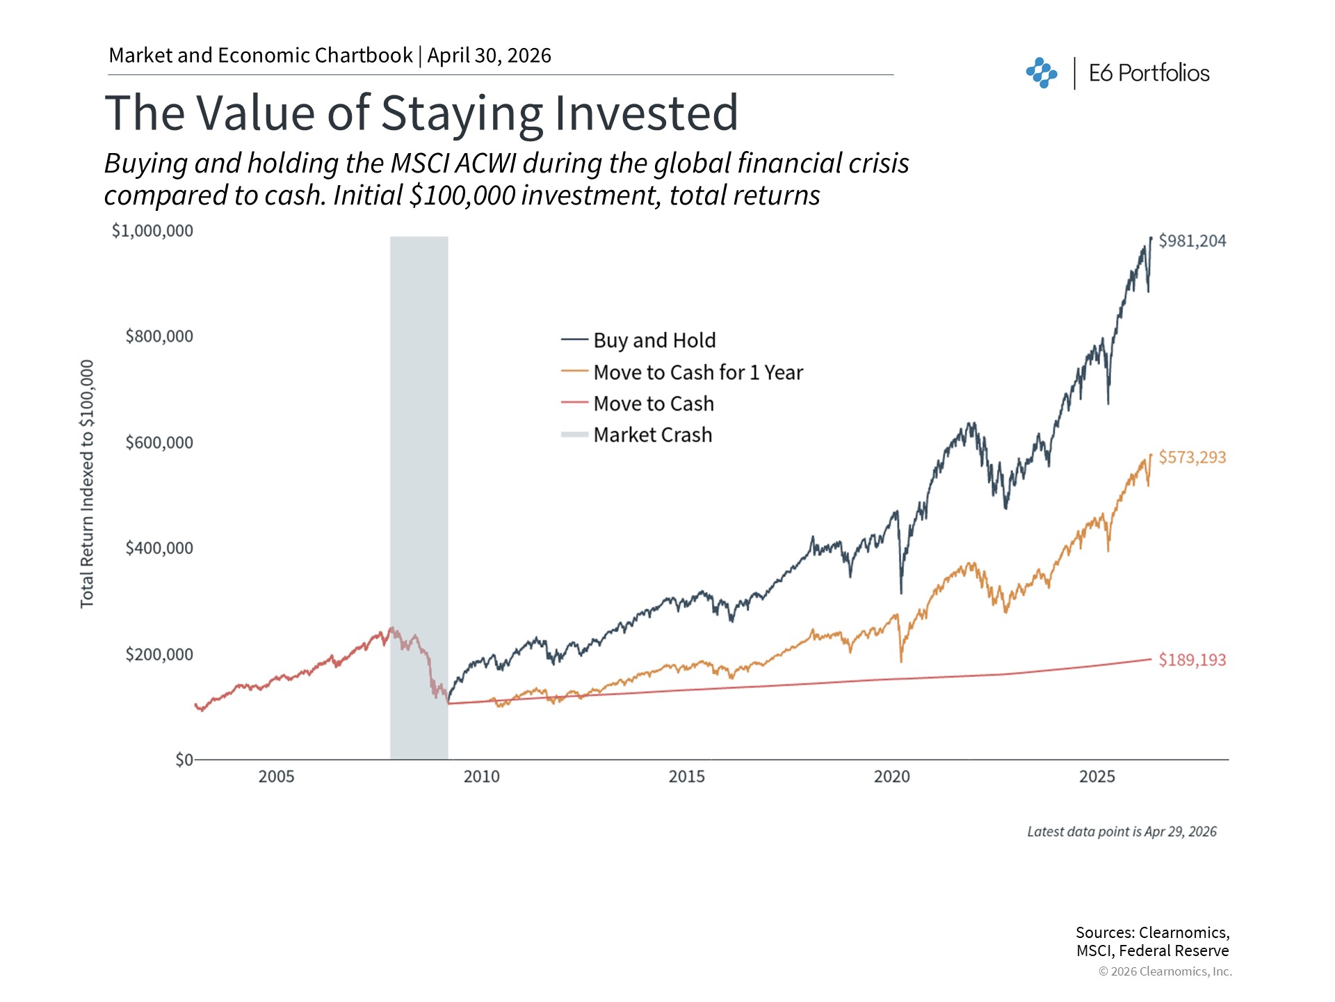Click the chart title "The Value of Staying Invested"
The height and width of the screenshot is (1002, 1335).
tap(421, 113)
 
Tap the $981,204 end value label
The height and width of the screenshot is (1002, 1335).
tap(1192, 241)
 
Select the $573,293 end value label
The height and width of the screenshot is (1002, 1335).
tap(1192, 457)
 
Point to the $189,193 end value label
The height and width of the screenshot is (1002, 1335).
tap(1192, 660)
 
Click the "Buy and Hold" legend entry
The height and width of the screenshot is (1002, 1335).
tap(654, 340)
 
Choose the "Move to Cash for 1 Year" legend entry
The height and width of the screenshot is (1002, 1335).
tap(697, 372)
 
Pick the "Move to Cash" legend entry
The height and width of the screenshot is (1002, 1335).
tap(653, 404)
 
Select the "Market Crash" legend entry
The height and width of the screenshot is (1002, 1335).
tap(652, 435)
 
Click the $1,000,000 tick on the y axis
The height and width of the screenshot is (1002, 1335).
tap(152, 230)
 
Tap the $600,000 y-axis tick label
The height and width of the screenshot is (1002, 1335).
tap(159, 443)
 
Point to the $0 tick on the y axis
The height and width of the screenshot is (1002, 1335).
tap(184, 759)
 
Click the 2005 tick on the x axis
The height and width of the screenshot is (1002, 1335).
tap(276, 777)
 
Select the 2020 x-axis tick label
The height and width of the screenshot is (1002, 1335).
tap(891, 777)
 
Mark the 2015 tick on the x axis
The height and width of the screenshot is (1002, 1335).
tap(686, 777)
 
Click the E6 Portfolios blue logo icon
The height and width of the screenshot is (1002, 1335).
tap(1041, 73)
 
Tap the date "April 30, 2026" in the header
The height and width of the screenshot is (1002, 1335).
tap(489, 56)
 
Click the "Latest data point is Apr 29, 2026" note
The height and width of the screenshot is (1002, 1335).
tap(1122, 832)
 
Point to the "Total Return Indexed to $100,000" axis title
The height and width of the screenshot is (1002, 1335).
tap(87, 484)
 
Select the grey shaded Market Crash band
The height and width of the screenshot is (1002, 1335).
tap(419, 498)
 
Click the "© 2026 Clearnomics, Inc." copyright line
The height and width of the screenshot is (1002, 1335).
tap(1165, 971)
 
